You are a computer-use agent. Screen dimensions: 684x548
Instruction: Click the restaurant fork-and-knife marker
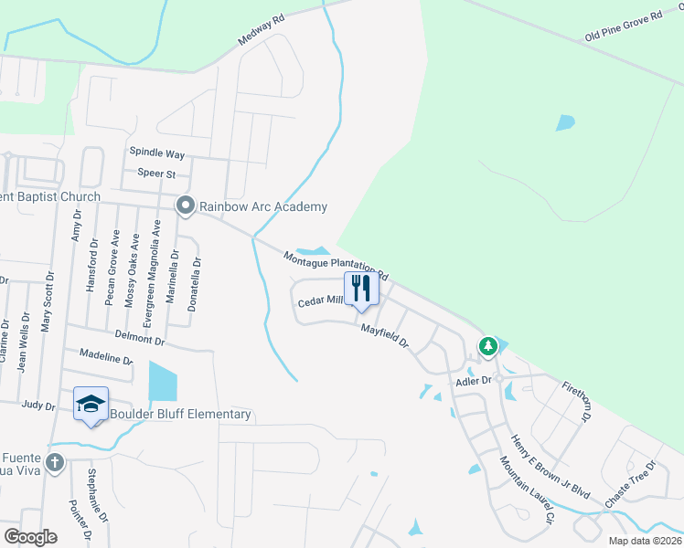pos(361,289)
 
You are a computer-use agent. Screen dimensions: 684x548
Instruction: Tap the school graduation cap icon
pos(91,404)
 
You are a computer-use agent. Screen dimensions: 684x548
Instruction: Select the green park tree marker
pos(488,346)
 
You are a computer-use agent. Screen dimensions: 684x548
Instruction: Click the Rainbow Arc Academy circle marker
pos(186,205)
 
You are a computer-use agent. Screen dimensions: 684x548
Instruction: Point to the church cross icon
pos(55,462)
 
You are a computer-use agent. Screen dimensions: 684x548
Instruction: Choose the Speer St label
pos(155,173)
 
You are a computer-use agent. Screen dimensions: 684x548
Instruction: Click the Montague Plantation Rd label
pos(337,266)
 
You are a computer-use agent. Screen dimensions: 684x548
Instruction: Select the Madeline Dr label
pos(106,356)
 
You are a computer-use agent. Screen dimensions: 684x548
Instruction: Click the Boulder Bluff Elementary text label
pos(180,415)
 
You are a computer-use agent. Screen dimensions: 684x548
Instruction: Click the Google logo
pos(30,537)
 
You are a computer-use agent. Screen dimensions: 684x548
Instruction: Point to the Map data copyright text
pos(644,541)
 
